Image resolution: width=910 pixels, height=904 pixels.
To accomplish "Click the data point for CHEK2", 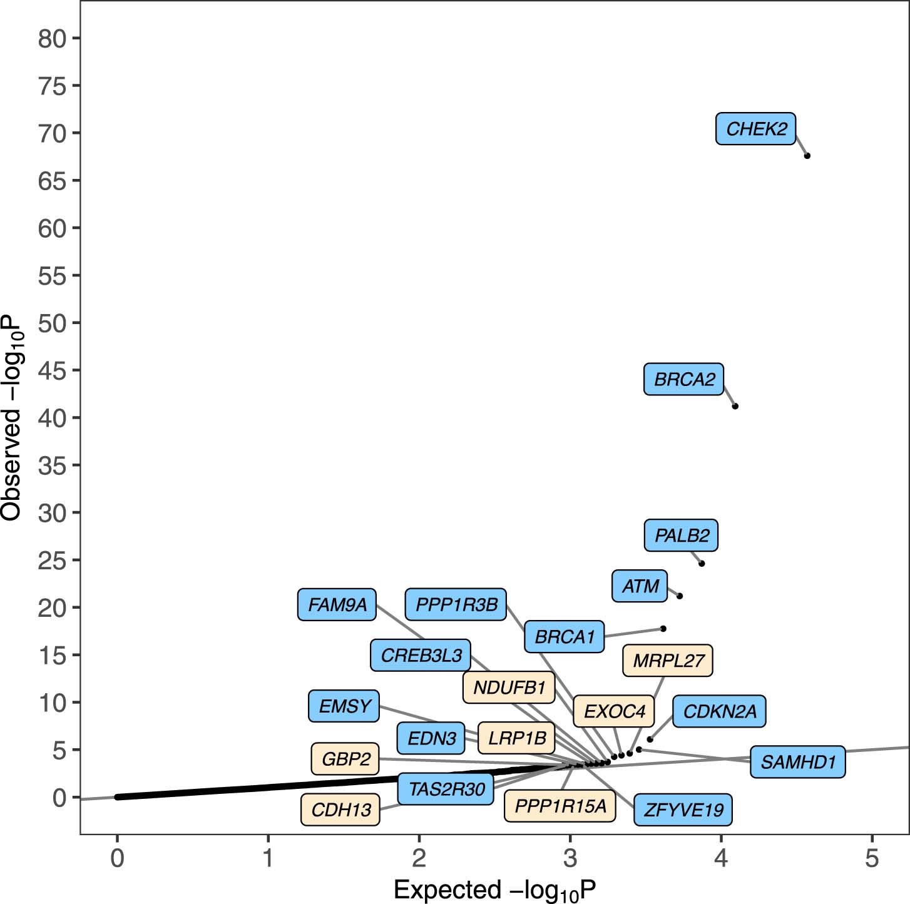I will click(x=807, y=156).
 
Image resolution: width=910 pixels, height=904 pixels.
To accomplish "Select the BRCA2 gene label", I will click(x=683, y=379).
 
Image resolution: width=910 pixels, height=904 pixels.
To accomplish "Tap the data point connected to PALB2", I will click(x=702, y=564).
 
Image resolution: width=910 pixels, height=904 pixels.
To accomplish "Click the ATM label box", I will click(x=640, y=586).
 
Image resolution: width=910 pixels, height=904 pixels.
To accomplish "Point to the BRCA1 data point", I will click(x=663, y=628).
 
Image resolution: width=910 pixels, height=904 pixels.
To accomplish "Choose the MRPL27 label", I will click(x=668, y=661).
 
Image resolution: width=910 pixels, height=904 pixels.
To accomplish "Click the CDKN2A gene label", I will click(x=719, y=711).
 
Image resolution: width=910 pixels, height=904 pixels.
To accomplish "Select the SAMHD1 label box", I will click(x=798, y=762).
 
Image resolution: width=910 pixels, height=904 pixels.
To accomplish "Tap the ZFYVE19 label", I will click(x=683, y=810).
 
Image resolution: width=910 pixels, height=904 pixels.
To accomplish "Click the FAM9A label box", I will click(x=337, y=605).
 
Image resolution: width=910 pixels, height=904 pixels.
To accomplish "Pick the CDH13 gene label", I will click(x=340, y=810).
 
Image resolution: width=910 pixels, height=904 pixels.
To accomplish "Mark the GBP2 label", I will click(x=345, y=759).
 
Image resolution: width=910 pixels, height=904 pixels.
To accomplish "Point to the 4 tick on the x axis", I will click(x=721, y=858).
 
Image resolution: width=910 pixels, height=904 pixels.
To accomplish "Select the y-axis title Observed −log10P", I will click(x=13, y=417).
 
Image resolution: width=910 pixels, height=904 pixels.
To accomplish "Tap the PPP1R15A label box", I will click(x=560, y=806).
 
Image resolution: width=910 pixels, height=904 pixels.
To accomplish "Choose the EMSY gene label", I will click(x=344, y=706).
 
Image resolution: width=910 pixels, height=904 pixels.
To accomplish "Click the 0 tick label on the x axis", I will click(x=117, y=858).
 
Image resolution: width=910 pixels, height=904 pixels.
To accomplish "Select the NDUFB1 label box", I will click(x=509, y=688).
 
